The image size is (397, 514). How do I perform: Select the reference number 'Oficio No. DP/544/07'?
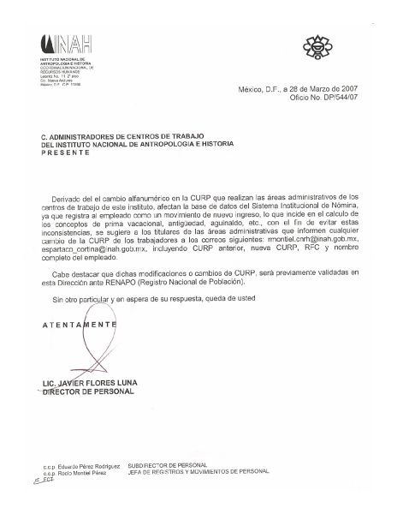coord(320,99)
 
